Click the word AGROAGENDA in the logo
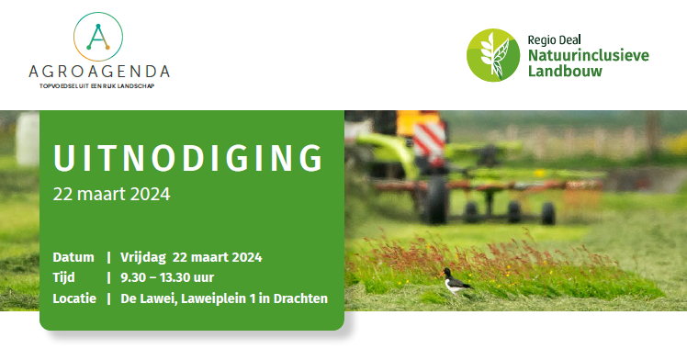point(99,72)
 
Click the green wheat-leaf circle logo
point(492,53)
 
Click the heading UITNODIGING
point(188,158)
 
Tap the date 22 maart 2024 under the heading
point(111,195)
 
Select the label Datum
point(73,256)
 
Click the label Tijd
point(65,277)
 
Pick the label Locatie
point(75,298)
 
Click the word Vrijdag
point(143,256)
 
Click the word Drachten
point(298,298)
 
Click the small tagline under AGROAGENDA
point(99,87)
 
